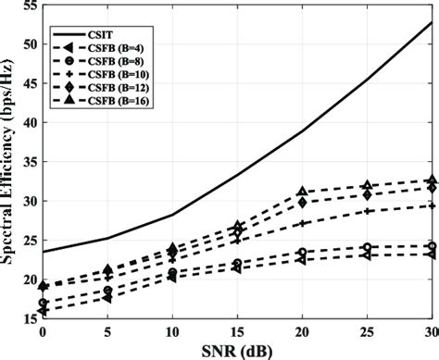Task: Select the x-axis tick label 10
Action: [172, 330]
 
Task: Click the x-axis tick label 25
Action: [368, 330]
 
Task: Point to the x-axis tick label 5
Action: [107, 330]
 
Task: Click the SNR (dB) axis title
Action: [237, 349]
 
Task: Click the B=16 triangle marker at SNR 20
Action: [302, 192]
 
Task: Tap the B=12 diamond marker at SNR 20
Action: [302, 202]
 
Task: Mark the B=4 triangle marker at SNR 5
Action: [107, 298]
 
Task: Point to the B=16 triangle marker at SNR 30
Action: [432, 180]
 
